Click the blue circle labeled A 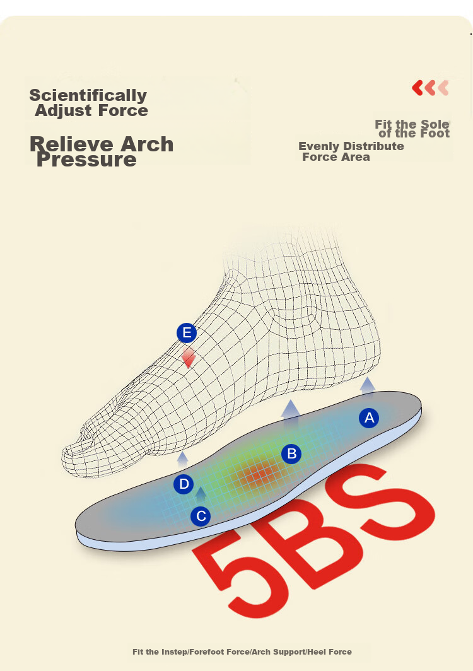pyautogui.click(x=369, y=418)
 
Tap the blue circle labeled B pyautogui.click(x=291, y=453)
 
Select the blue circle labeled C pyautogui.click(x=201, y=516)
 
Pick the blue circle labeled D pyautogui.click(x=184, y=484)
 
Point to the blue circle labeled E pyautogui.click(x=187, y=333)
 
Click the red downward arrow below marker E pyautogui.click(x=189, y=358)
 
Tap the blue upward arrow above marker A pyautogui.click(x=368, y=387)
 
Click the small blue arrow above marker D pyautogui.click(x=183, y=458)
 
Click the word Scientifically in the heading pyautogui.click(x=88, y=95)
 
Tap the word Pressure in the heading pyautogui.click(x=86, y=160)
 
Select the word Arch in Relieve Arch pyautogui.click(x=147, y=144)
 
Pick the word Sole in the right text pyautogui.click(x=435, y=124)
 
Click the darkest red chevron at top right pyautogui.click(x=418, y=88)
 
